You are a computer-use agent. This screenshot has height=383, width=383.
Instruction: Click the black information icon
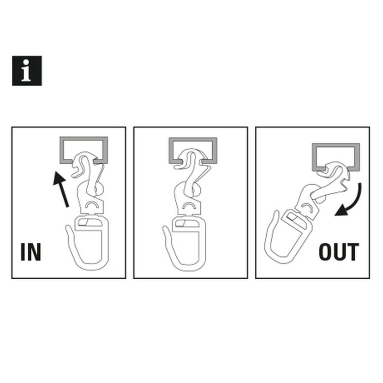tap(27, 71)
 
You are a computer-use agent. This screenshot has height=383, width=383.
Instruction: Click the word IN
tap(31, 252)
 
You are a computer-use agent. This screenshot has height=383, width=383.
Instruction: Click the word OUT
tap(339, 252)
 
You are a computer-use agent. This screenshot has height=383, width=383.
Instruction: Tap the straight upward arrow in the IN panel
tap(61, 189)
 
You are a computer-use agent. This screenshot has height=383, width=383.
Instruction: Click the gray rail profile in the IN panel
tap(84, 138)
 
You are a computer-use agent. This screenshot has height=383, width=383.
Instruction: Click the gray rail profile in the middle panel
tap(193, 139)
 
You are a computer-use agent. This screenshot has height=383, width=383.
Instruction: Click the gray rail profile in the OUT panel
tap(335, 145)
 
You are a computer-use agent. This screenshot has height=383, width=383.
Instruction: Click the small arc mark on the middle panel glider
tap(189, 204)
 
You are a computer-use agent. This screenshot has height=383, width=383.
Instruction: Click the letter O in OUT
tap(325, 252)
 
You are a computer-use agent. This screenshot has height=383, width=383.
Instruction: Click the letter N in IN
tap(34, 252)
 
